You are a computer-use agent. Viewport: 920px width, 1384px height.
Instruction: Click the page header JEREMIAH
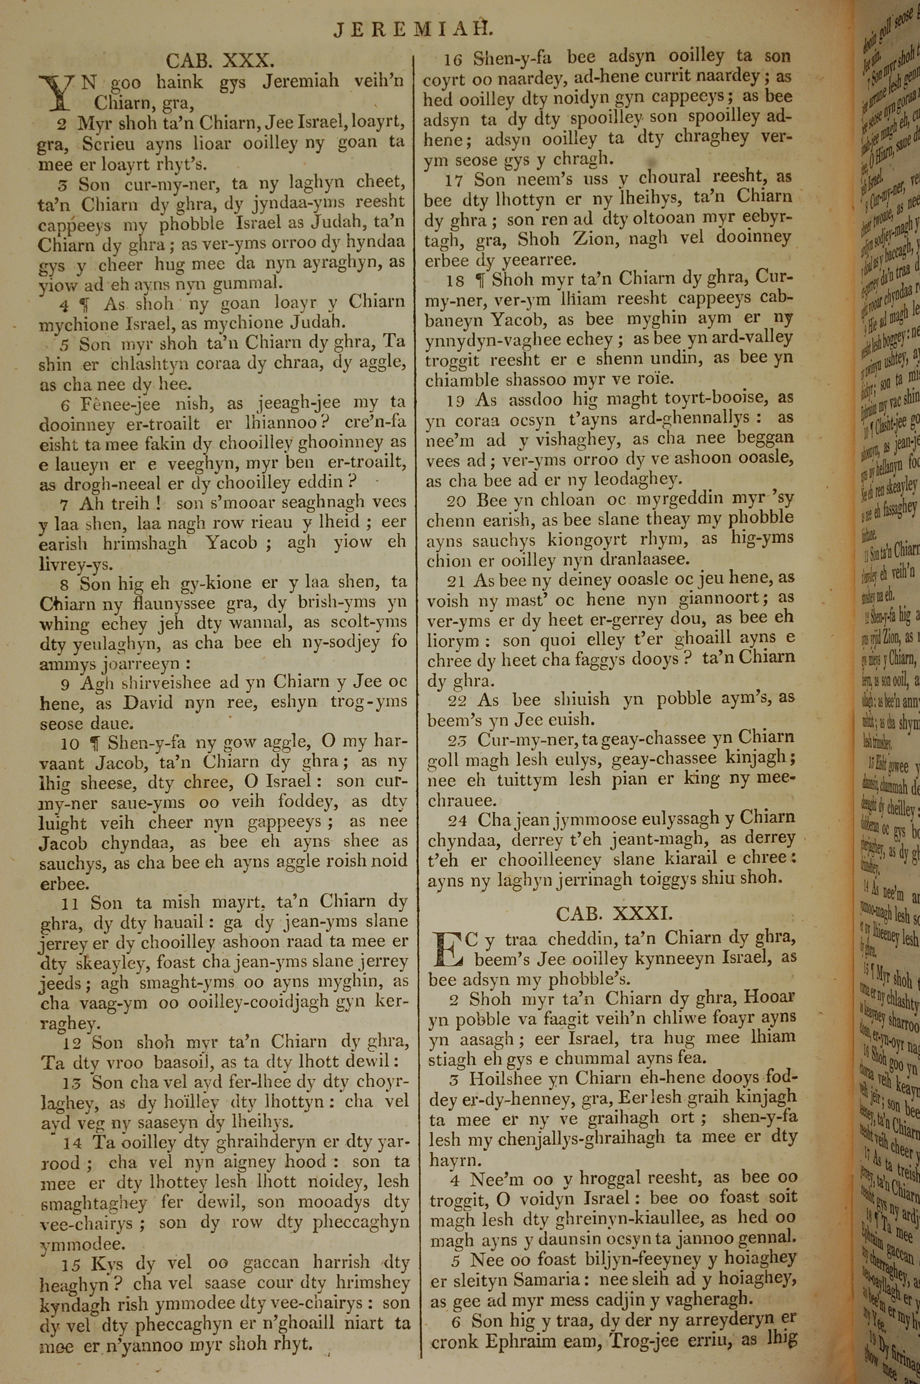pyautogui.click(x=413, y=29)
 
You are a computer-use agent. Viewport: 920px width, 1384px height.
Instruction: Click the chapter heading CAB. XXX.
pyautogui.click(x=220, y=60)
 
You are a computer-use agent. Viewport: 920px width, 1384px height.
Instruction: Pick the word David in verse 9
pyautogui.click(x=148, y=702)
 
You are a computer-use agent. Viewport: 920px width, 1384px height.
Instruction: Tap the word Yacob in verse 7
pyautogui.click(x=231, y=542)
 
